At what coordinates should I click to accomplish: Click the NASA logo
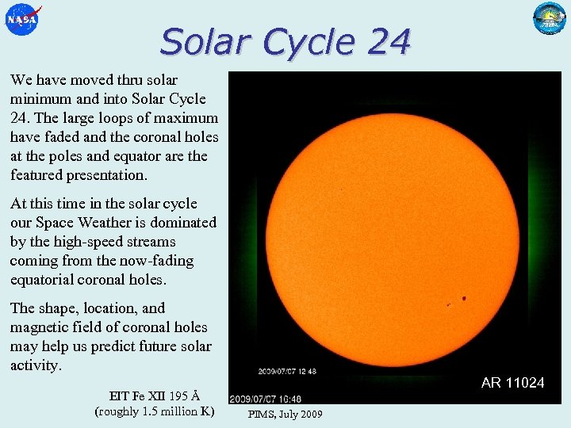[21, 19]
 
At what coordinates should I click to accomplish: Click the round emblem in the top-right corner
[549, 18]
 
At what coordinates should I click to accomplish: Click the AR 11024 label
[512, 383]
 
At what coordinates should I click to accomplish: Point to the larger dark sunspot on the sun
[463, 299]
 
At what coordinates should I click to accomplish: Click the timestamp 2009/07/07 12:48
[286, 371]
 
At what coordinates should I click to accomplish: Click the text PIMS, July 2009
[285, 414]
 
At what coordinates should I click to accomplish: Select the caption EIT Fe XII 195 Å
[154, 396]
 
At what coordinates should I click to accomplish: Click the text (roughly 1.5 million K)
[154, 411]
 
